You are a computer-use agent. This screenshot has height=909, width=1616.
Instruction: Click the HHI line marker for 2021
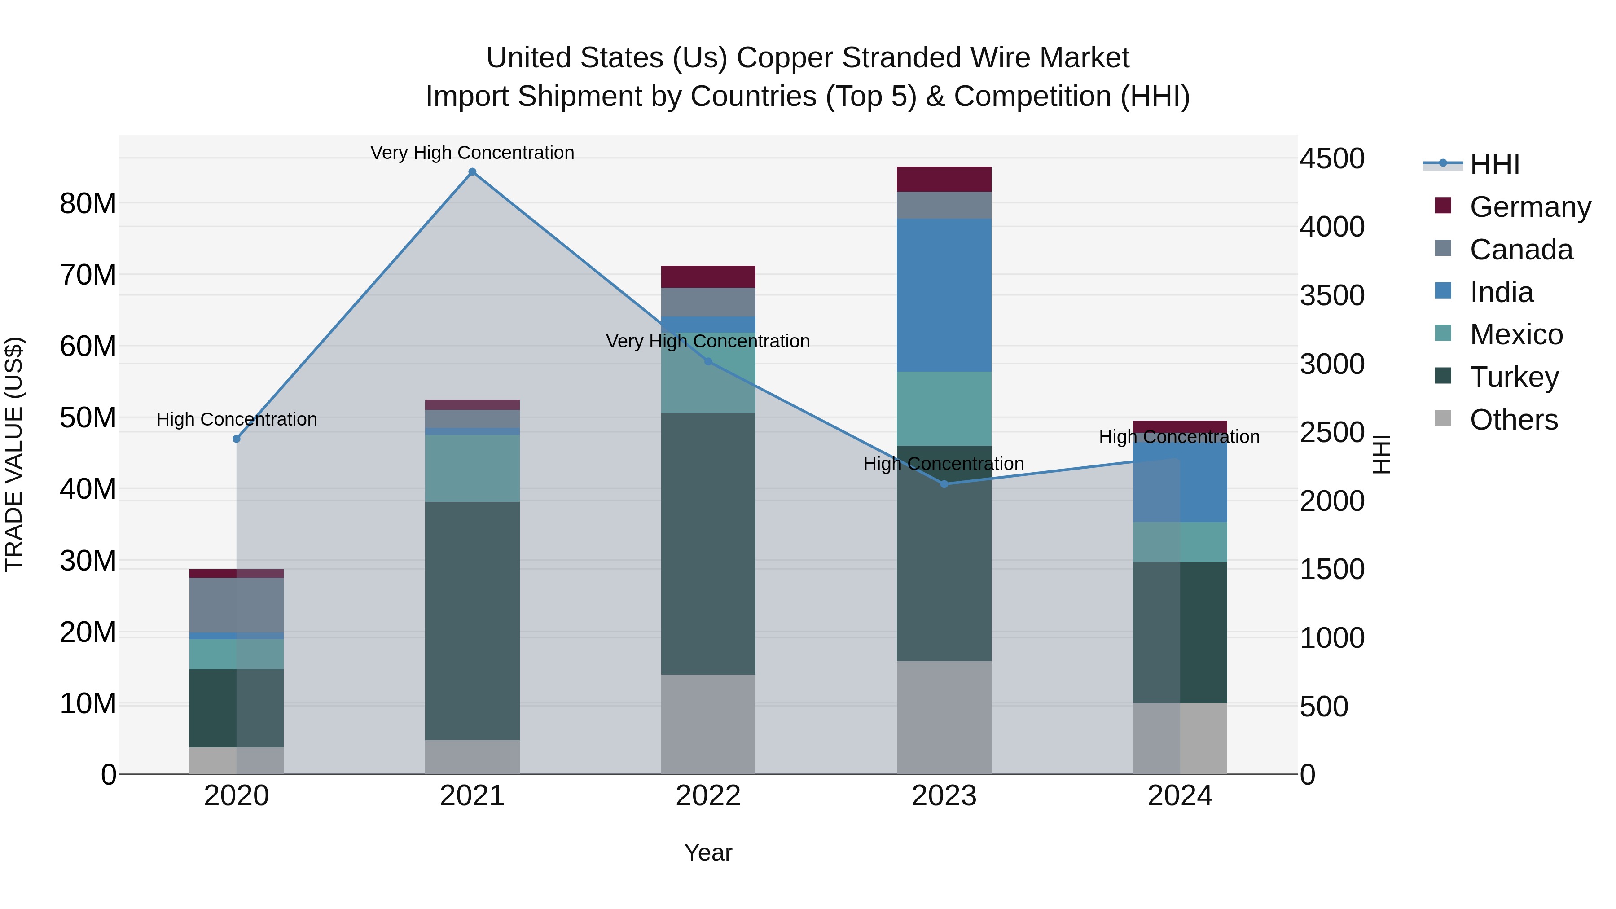click(x=472, y=172)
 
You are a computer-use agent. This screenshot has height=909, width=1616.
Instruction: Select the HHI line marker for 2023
click(x=944, y=483)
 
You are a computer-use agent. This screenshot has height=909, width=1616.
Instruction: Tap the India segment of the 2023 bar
click(x=944, y=295)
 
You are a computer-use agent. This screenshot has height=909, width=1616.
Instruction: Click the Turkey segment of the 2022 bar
click(x=708, y=543)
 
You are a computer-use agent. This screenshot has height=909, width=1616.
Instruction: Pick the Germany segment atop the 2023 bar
click(x=944, y=179)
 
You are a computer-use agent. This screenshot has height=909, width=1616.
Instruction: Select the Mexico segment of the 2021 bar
click(x=472, y=468)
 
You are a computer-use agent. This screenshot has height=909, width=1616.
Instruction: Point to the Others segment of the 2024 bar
click(x=1180, y=738)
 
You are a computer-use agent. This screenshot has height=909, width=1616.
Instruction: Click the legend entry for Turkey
click(x=1514, y=377)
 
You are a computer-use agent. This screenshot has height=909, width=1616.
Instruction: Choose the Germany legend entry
click(x=1529, y=207)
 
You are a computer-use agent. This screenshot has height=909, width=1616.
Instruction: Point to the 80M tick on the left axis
click(x=88, y=203)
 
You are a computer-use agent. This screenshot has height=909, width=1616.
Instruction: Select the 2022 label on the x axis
click(x=708, y=796)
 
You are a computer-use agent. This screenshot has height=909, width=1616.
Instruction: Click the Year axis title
click(x=708, y=852)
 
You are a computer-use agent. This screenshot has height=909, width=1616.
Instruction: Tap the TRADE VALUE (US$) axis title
click(x=14, y=454)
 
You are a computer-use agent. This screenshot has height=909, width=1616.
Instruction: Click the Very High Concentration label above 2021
click(x=472, y=153)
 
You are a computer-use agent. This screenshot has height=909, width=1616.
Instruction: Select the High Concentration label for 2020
click(x=237, y=419)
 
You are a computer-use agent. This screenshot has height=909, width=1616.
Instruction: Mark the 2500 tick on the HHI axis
click(x=1332, y=432)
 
